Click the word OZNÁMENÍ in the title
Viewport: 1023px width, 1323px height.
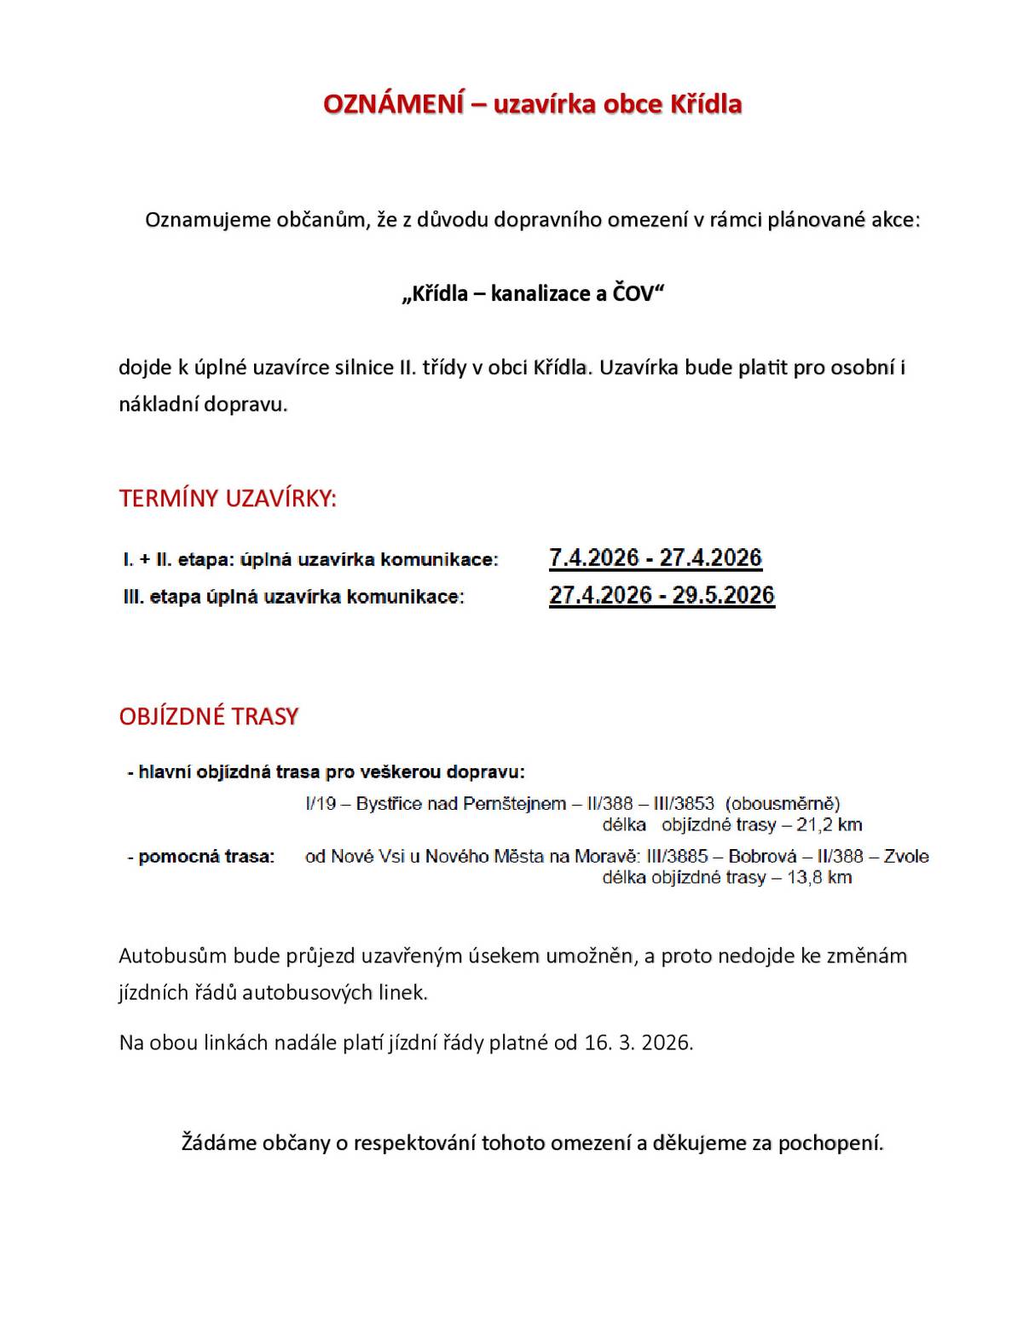pyautogui.click(x=394, y=104)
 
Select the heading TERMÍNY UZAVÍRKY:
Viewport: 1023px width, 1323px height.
pyautogui.click(x=228, y=499)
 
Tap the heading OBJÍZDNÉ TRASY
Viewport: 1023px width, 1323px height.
pyautogui.click(x=209, y=716)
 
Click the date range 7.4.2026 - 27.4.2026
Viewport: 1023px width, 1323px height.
pyautogui.click(x=655, y=558)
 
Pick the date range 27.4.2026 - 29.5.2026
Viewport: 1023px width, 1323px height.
pyautogui.click(x=662, y=595)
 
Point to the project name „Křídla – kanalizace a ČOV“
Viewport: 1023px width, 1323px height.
pyautogui.click(x=533, y=294)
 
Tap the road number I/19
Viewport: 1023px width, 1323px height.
pyautogui.click(x=321, y=804)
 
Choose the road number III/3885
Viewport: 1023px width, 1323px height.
pyautogui.click(x=677, y=857)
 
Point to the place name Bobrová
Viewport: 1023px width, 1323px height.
pyautogui.click(x=762, y=857)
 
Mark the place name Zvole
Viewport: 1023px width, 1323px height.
pyautogui.click(x=906, y=857)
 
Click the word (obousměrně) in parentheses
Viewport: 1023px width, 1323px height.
pyautogui.click(x=783, y=804)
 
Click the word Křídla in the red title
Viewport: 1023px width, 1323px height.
pyautogui.click(x=706, y=104)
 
